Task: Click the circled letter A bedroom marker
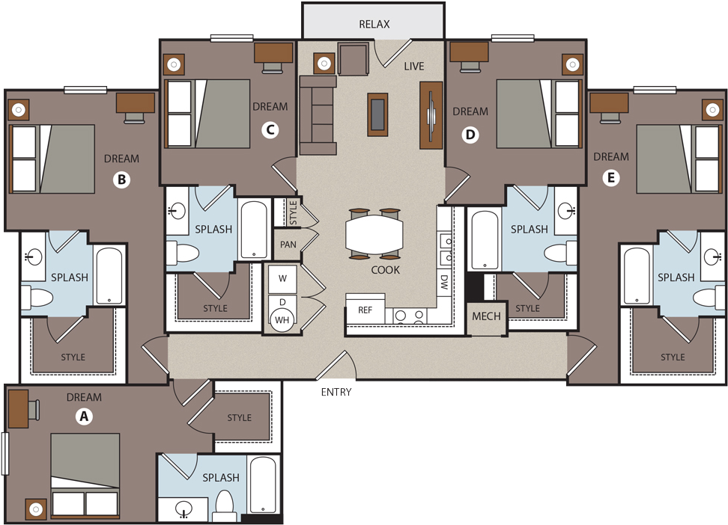coord(84,416)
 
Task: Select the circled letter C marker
coord(270,130)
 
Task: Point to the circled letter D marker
coord(470,135)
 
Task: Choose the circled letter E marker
coord(610,178)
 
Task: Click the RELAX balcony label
coord(374,24)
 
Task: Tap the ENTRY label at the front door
coord(336,392)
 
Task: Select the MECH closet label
coord(486,316)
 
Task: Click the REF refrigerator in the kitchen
coord(365,309)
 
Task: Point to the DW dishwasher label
coord(444,283)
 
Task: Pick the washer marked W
coord(282,278)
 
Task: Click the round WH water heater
coord(282,319)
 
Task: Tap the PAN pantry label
coord(288,245)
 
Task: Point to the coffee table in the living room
coord(377,114)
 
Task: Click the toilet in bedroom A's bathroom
coord(224,506)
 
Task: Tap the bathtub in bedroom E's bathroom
coord(636,276)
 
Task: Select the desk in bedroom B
coord(135,102)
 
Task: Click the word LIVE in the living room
coord(413,66)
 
